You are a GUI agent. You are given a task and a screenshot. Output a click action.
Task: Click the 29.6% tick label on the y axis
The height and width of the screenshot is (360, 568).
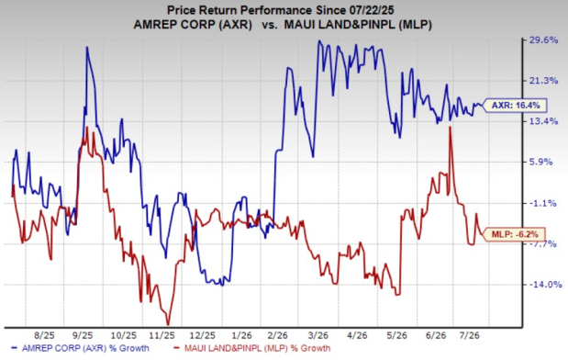544,40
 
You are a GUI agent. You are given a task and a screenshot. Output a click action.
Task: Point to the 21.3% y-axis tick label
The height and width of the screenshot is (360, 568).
544,81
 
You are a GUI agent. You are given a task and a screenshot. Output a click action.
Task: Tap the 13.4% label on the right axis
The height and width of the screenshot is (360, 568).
544,121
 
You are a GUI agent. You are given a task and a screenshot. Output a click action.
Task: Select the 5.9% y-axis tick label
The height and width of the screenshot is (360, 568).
541,162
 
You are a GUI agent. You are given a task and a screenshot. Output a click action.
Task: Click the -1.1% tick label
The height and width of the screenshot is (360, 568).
542,203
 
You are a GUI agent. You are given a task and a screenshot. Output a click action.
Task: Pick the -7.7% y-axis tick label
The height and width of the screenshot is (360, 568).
542,244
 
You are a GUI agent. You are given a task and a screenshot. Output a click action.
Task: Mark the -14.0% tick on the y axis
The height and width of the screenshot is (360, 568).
545,285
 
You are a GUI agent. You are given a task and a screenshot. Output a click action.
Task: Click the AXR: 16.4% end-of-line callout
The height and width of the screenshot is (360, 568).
516,106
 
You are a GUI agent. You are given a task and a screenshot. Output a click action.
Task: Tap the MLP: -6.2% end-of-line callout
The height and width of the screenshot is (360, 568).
515,234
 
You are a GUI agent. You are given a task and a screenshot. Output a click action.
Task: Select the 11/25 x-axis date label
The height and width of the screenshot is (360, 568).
162,336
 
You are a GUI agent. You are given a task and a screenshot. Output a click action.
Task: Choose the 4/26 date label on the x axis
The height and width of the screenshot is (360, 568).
358,336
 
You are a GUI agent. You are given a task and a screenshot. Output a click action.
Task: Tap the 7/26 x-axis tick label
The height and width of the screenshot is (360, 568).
470,336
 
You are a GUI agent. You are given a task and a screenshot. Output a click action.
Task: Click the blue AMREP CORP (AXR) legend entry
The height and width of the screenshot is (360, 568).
81,348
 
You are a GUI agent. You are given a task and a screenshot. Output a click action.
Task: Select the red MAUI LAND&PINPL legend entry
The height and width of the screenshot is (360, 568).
252,348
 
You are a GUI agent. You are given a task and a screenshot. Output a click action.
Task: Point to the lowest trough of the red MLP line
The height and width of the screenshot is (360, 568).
168,324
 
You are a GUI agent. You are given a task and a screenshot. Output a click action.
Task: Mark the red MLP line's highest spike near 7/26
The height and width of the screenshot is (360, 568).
450,127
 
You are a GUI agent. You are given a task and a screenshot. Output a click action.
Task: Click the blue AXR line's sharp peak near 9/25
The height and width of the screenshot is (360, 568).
87,48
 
